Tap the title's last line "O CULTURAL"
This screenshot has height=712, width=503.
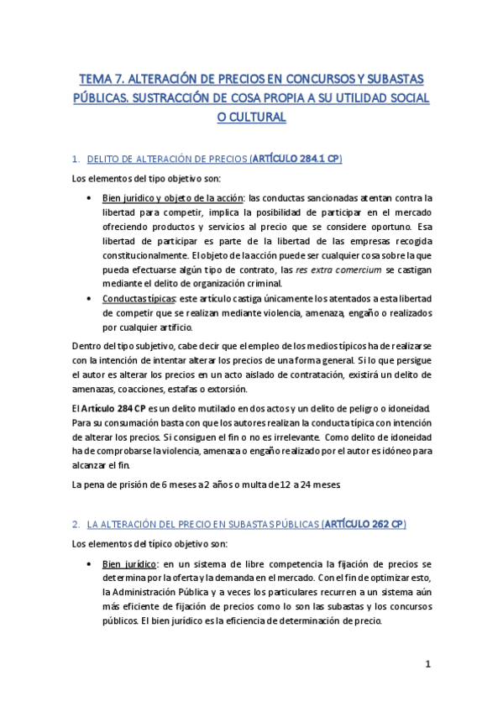coord(251,118)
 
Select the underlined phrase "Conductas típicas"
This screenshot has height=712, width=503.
coord(139,297)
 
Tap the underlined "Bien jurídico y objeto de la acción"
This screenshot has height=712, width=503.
coord(174,197)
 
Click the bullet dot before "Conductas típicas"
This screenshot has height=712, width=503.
coord(90,298)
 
